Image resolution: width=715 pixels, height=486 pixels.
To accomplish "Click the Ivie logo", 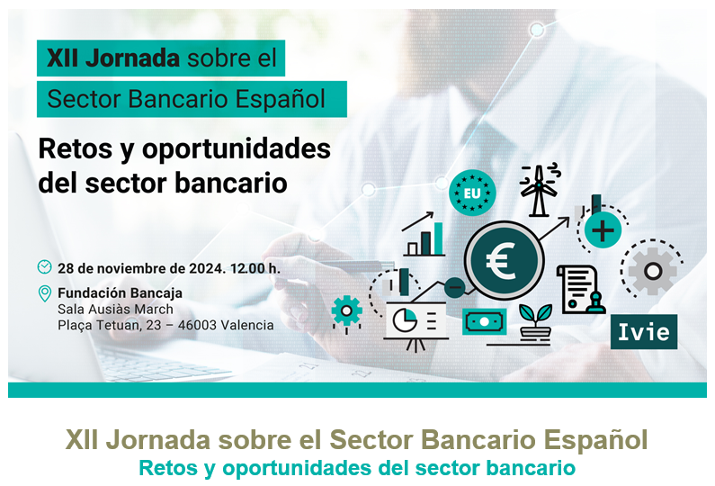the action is click(x=643, y=332).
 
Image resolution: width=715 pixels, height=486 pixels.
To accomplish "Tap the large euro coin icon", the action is click(x=504, y=261).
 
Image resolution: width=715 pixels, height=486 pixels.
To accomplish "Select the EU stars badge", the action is click(x=472, y=193).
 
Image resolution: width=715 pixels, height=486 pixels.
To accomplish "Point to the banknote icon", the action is click(x=484, y=321).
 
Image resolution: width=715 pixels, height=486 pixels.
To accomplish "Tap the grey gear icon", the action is click(x=652, y=271).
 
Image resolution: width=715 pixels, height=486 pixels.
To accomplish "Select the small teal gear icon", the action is click(x=346, y=311).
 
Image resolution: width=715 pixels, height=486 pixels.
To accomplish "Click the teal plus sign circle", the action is click(x=603, y=230).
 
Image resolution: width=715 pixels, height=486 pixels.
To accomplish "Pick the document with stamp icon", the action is click(x=580, y=289).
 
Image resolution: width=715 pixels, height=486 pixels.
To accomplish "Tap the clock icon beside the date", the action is click(x=44, y=266).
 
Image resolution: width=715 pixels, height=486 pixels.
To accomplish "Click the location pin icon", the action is click(x=45, y=293).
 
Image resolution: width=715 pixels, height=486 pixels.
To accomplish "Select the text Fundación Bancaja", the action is click(x=120, y=292).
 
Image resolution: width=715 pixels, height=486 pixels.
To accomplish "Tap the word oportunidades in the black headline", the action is click(x=237, y=149).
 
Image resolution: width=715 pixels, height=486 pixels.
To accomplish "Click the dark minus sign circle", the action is click(x=454, y=287).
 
